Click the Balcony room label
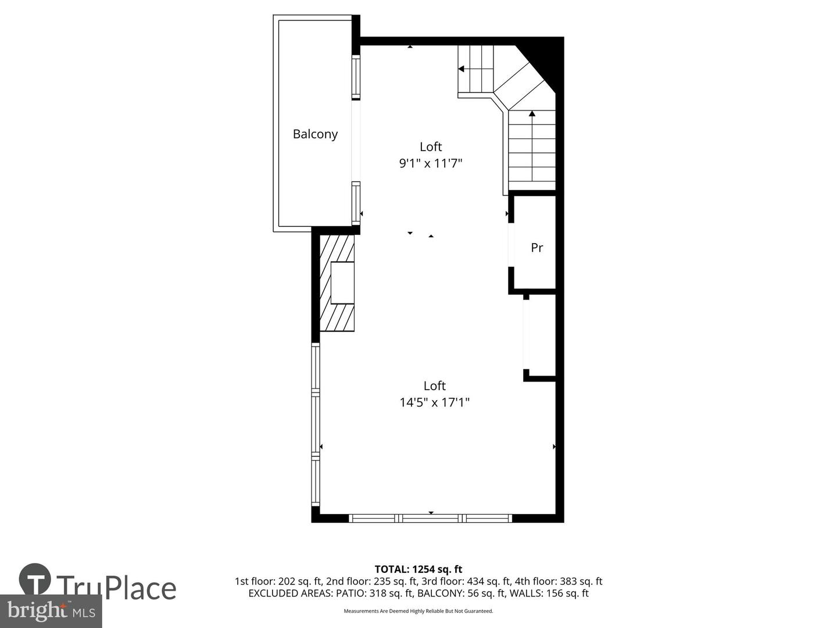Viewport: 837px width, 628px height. click(x=315, y=134)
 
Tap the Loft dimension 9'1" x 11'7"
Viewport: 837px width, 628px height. click(x=430, y=163)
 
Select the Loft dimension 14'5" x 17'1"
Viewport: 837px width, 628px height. click(x=434, y=402)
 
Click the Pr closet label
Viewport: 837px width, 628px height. click(x=537, y=248)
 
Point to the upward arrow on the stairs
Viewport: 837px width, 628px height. click(x=532, y=115)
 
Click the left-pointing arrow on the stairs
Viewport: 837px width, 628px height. click(x=462, y=69)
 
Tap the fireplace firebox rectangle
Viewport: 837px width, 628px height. click(x=342, y=283)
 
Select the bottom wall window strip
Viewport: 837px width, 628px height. click(x=430, y=518)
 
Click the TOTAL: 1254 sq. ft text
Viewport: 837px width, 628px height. click(x=418, y=569)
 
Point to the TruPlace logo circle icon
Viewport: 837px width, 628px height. click(x=35, y=580)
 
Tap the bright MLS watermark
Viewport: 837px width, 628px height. click(x=51, y=611)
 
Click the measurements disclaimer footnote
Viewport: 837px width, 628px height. click(x=418, y=611)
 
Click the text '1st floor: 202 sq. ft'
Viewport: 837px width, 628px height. click(x=278, y=581)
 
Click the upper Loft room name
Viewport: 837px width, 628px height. click(x=431, y=147)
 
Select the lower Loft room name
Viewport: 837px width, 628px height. click(x=434, y=386)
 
